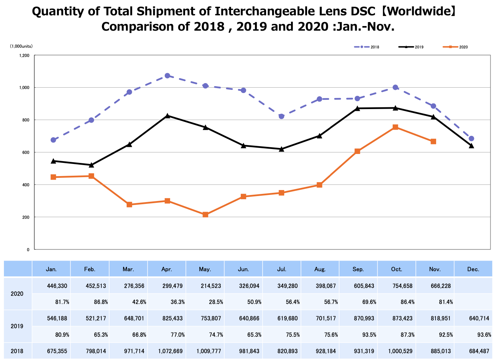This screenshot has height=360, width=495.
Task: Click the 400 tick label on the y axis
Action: [26, 185]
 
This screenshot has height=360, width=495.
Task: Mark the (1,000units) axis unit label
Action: [22, 46]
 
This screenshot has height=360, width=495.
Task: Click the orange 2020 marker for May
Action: [205, 215]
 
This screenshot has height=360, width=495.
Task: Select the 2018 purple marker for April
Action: [167, 76]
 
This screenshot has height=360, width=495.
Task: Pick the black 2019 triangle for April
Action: [167, 116]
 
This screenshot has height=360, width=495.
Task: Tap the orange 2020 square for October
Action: [395, 127]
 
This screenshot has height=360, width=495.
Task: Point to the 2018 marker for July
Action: [281, 116]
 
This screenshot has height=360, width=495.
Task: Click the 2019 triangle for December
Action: [471, 146]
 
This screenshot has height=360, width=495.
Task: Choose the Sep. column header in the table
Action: [358, 269]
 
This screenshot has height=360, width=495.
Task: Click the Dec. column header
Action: [473, 269]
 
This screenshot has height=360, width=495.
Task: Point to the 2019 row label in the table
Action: [17, 326]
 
